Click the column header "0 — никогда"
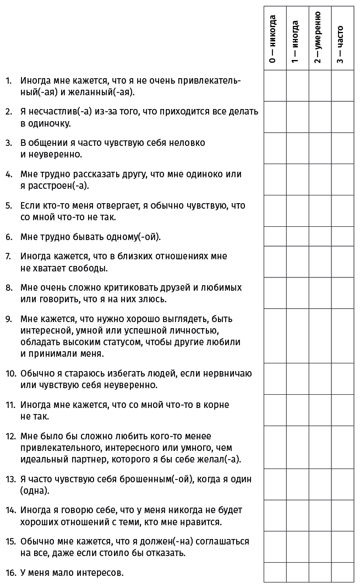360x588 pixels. click(274, 39)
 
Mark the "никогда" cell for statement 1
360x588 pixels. click(275, 86)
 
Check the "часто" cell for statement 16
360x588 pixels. click(342, 572)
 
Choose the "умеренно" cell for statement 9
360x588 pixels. click(320, 336)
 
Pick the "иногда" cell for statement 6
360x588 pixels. click(297, 236)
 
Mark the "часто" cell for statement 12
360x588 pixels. click(342, 447)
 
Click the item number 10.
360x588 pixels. click(10, 373)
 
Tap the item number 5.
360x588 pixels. click(8, 205)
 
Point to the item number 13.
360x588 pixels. click(10, 479)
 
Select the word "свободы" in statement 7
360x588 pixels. click(89, 268)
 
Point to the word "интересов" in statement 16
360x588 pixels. click(100, 573)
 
